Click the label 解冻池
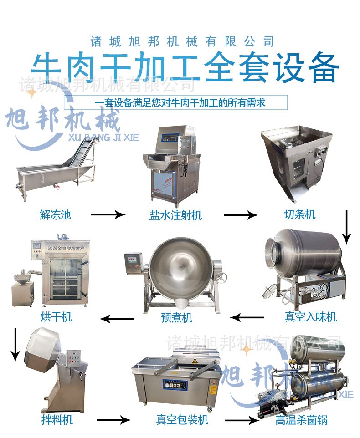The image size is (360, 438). point(56,215)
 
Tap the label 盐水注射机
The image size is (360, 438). point(175,215)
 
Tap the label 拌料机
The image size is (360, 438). point(56,419)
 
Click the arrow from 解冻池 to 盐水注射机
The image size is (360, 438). point(108,214)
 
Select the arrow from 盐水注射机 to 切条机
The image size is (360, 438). point(240,214)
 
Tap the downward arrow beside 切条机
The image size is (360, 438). point(347,226)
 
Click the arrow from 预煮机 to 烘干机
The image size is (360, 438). point(117,318)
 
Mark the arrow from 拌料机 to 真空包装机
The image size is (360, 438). point(113,420)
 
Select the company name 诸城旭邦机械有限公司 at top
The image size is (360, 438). point(182,41)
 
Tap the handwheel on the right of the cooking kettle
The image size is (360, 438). point(223,278)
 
